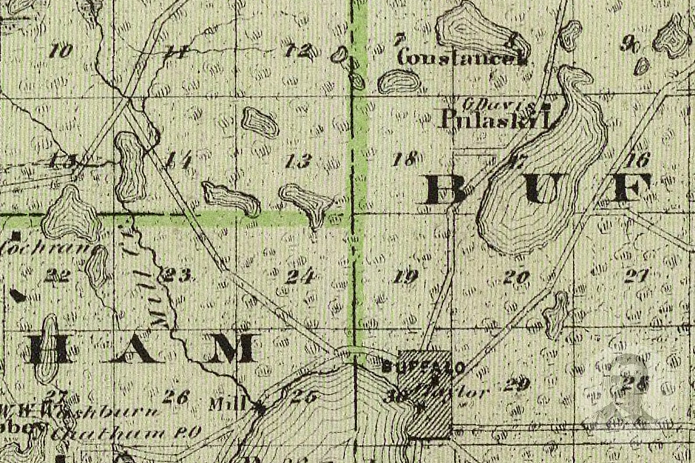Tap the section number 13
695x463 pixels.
pyautogui.click(x=298, y=161)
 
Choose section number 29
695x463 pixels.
pyautogui.click(x=518, y=385)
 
